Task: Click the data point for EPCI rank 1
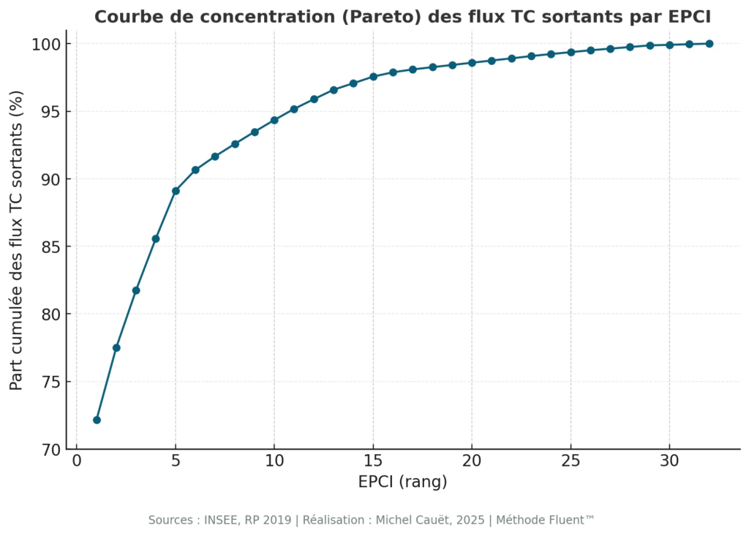[x=97, y=420]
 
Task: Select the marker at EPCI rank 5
[x=176, y=191]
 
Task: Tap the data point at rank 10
[x=274, y=120]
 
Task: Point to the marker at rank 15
[x=373, y=77]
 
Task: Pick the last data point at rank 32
[x=710, y=44]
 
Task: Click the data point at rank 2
[x=116, y=348]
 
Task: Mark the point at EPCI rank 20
[x=472, y=63]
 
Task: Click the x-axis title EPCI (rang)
[x=402, y=483]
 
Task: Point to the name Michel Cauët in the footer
[x=410, y=520]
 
